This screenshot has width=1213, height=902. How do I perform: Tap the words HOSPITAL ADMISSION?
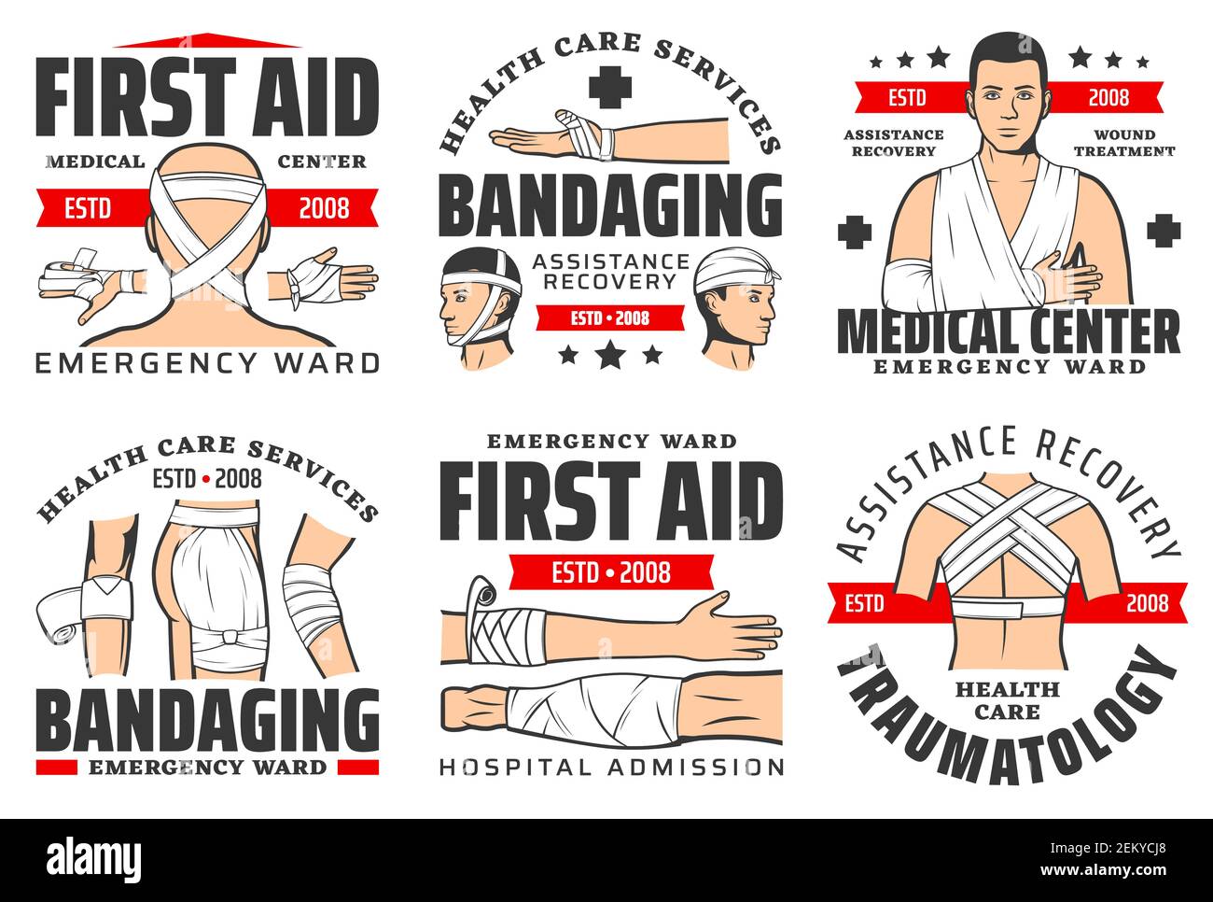(611, 767)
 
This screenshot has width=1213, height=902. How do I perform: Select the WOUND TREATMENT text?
(1123, 143)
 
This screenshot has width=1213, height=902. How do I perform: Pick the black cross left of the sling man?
(854, 231)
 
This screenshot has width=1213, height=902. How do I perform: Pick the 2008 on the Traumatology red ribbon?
(1146, 602)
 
